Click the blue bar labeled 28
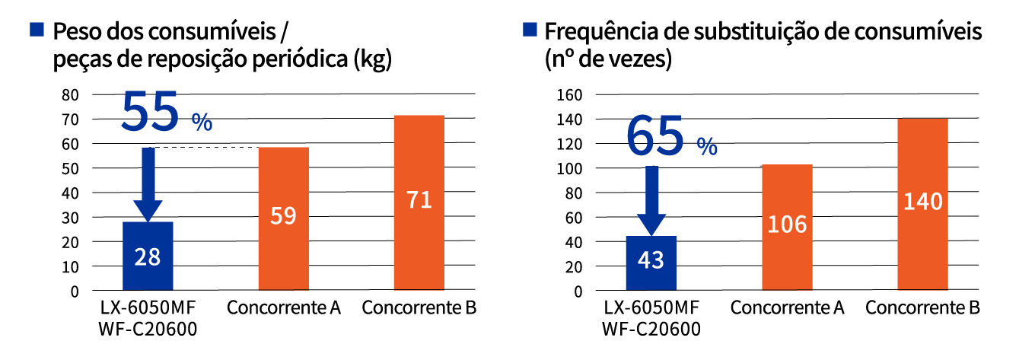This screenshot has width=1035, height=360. [147, 256]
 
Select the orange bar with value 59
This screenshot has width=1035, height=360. [283, 218]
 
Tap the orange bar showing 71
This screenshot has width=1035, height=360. [419, 202]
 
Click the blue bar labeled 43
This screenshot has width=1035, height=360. [651, 263]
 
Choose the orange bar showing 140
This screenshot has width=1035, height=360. [922, 204]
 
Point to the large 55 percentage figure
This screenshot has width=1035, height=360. [151, 113]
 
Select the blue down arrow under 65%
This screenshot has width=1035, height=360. [651, 200]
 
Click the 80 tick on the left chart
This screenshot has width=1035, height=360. [70, 95]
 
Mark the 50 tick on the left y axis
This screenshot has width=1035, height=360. [70, 168]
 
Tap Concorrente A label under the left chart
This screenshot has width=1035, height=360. [283, 308]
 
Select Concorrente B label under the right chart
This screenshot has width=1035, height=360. [922, 308]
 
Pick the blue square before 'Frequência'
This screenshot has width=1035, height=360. [530, 30]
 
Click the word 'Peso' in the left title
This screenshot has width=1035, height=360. [77, 32]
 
